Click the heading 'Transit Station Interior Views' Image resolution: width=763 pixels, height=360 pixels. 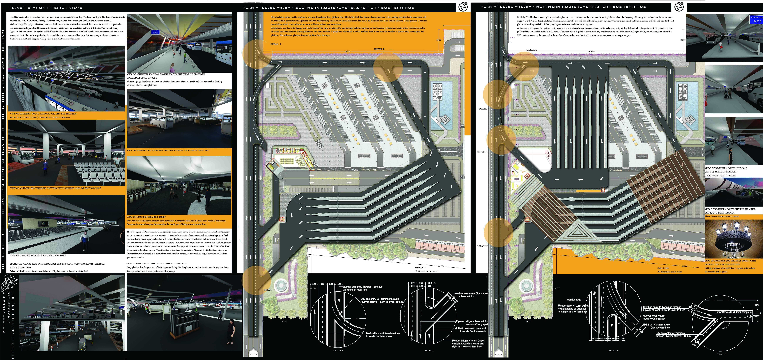click(45, 7)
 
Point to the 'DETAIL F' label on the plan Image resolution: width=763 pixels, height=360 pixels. click(379, 49)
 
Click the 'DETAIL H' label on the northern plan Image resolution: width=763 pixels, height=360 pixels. click(482, 246)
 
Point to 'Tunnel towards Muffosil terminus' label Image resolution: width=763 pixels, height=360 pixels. click(733, 312)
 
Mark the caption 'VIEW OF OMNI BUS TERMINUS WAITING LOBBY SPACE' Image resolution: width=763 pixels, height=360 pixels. click(38, 255)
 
